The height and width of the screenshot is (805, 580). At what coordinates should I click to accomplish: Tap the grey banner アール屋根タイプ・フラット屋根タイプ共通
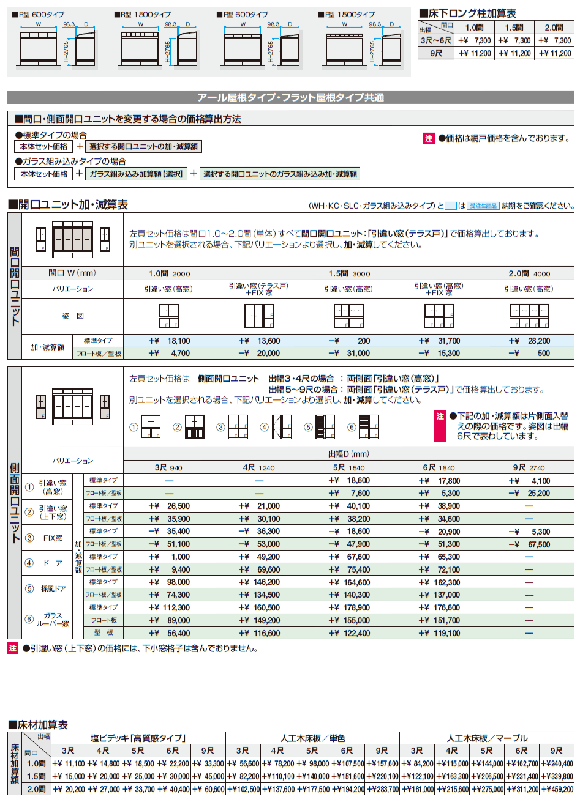290,97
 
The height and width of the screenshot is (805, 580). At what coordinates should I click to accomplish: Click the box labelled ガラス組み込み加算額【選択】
136,174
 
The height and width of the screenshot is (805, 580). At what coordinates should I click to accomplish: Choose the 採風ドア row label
53,588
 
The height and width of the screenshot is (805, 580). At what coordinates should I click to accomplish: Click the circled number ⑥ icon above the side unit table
352,427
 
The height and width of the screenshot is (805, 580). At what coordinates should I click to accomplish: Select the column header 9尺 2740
529,467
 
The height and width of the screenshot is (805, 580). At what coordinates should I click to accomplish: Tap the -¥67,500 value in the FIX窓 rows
531,544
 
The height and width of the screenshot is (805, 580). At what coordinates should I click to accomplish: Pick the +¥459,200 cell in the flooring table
556,789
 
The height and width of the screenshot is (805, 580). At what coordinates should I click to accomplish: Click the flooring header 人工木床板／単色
312,738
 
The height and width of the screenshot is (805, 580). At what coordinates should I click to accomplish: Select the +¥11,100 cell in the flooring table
68,763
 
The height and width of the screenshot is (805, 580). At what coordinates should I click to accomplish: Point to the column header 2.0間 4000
529,273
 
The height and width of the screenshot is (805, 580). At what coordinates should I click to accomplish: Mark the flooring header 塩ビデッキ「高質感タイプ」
138,738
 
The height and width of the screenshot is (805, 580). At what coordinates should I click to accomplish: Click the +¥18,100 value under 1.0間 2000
169,341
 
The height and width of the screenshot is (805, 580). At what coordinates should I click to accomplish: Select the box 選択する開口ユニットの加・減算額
143,147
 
